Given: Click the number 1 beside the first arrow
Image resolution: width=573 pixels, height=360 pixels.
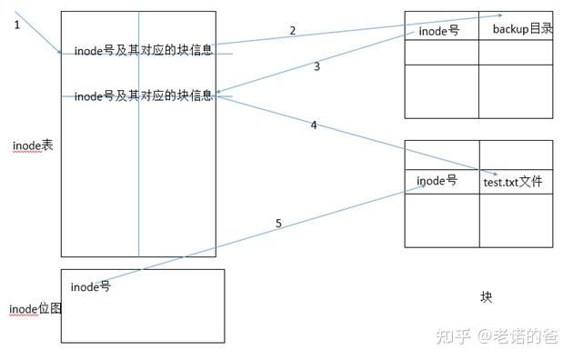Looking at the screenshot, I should [x=16, y=25].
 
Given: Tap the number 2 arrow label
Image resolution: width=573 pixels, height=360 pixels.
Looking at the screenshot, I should [x=292, y=31].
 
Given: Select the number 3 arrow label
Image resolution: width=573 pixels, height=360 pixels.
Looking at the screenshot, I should [x=317, y=66].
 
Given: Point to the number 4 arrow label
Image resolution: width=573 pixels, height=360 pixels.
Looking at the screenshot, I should [x=314, y=125].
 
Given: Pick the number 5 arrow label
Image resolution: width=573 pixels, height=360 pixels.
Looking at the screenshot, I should [x=278, y=223].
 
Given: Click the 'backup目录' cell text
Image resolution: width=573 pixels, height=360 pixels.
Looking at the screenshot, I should [x=522, y=29].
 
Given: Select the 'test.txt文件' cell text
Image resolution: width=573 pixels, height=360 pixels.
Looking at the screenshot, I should [x=512, y=182].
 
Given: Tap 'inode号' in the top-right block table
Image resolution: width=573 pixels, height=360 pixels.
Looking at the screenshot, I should [x=438, y=31].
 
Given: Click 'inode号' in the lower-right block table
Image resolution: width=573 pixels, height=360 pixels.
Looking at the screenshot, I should [x=437, y=181].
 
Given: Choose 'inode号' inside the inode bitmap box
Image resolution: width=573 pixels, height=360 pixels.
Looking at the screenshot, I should [x=90, y=287].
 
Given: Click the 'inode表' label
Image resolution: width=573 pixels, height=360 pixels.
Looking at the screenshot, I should [x=33, y=145].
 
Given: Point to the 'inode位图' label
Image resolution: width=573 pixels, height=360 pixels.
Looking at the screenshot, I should [x=35, y=309].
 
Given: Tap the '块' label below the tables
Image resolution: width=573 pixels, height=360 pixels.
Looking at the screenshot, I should [x=486, y=297].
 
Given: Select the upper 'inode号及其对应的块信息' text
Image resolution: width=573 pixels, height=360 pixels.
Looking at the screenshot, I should [x=143, y=50].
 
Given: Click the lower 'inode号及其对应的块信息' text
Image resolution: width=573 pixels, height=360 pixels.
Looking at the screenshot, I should [x=143, y=95].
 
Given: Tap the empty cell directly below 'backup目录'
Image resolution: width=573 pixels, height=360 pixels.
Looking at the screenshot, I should [x=516, y=52].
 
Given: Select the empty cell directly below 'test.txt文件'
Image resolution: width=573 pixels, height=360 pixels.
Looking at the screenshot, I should [x=516, y=221].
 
